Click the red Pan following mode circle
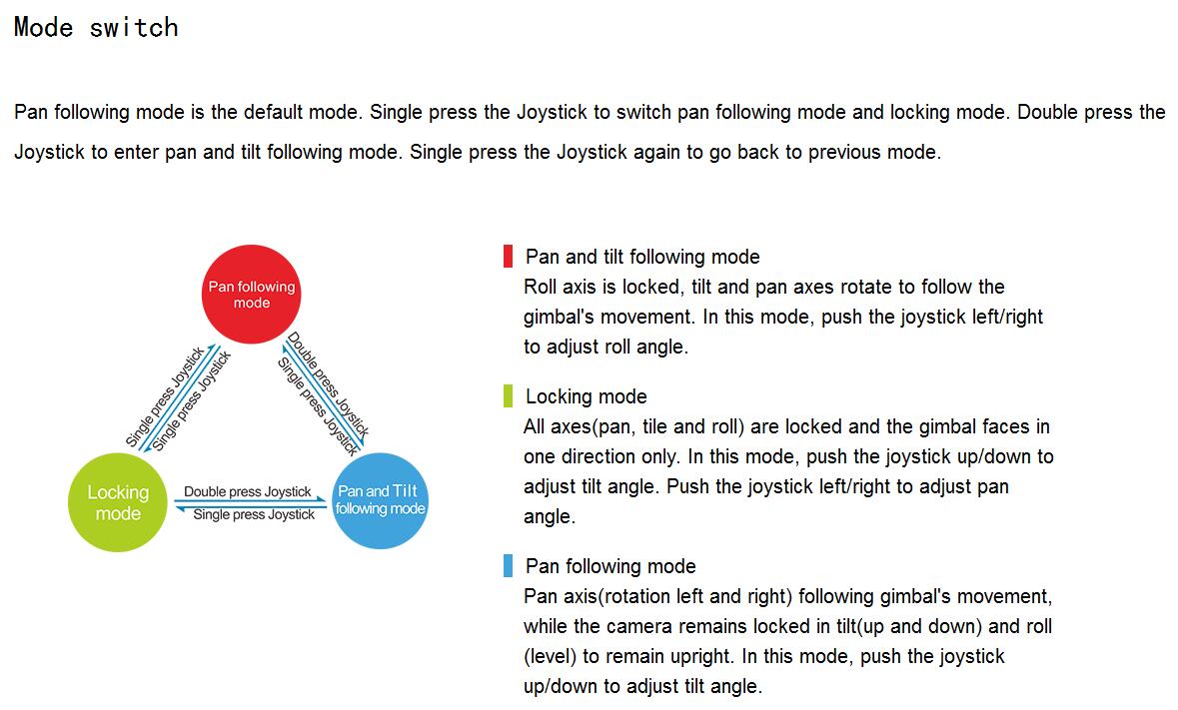pos(251,295)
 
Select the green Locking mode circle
pos(118,502)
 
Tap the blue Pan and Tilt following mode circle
pos(380,499)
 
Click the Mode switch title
pos(96,27)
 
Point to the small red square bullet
pos(509,257)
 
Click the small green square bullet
pos(509,396)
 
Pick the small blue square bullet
pos(509,566)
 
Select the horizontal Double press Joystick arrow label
pos(247,491)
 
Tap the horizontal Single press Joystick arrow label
pos(254,515)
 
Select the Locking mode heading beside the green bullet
pos(586,396)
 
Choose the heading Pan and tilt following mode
pos(642,257)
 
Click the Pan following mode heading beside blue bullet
pos(610,566)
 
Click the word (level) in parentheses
pos(549,656)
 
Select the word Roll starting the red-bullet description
pos(542,287)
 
